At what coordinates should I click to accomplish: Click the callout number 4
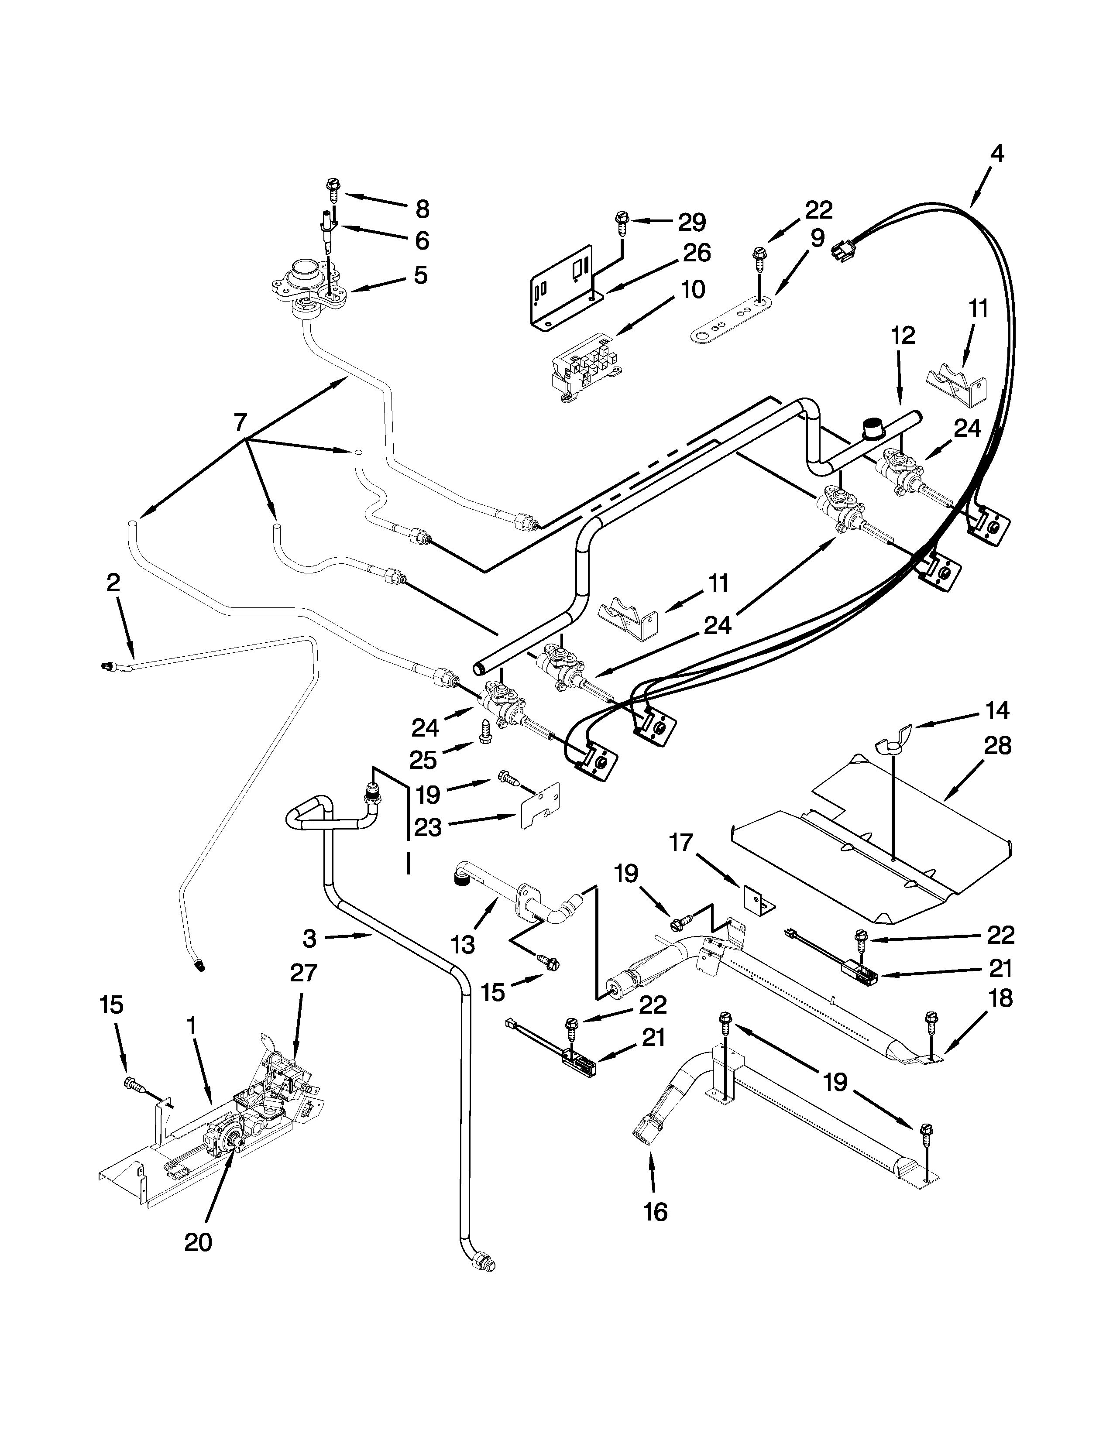pyautogui.click(x=997, y=154)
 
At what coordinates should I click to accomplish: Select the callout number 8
pyautogui.click(x=422, y=209)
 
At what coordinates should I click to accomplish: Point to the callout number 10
pyautogui.click(x=692, y=289)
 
